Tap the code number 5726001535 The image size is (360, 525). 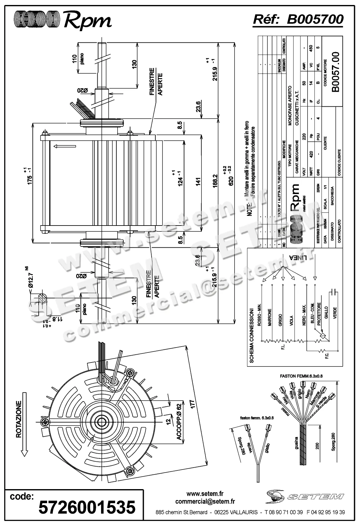pyautogui.click(x=87, y=507)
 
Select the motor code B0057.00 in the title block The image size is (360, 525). pyautogui.click(x=336, y=72)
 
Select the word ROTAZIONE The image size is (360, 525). pyautogui.click(x=19, y=419)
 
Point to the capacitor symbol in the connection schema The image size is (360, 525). pyautogui.click(x=334, y=292)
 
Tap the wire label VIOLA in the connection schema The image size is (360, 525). pyautogui.click(x=291, y=323)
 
